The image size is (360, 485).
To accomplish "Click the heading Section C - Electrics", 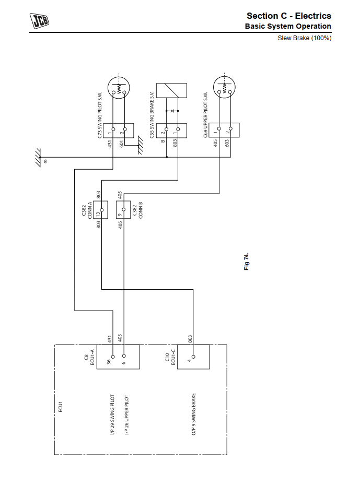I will tap(288, 16).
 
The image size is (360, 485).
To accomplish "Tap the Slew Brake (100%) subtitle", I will tap(304, 38).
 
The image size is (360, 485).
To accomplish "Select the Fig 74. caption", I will tap(247, 261).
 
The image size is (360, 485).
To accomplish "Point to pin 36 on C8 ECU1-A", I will tap(113, 356).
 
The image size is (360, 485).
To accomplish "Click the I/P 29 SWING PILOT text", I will tap(112, 415).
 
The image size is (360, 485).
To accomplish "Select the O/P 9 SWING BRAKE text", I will tap(193, 414).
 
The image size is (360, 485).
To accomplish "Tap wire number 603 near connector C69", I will tap(227, 143).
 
